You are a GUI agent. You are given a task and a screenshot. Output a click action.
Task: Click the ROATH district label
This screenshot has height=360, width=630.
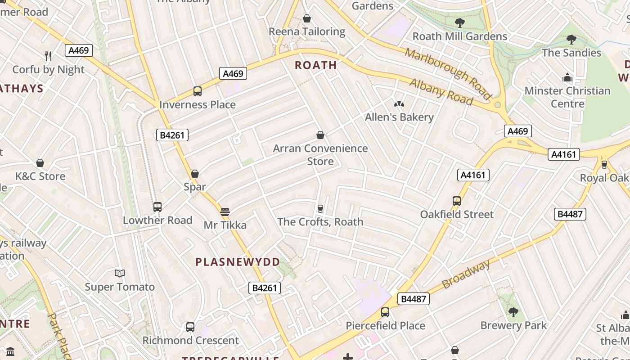point(315,65)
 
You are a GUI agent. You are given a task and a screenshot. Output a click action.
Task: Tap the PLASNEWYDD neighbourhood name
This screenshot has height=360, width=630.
point(238,262)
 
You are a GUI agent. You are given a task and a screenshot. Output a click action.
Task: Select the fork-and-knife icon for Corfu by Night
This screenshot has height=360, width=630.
point(48,56)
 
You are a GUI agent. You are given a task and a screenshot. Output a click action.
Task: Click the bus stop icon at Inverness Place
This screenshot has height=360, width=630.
point(197,91)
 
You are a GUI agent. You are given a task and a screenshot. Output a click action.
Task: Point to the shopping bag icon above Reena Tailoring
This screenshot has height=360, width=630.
point(307,18)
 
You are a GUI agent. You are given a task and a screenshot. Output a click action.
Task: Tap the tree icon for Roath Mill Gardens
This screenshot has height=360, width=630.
point(459,23)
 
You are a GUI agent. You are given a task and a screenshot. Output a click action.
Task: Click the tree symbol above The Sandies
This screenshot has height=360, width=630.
point(571,40)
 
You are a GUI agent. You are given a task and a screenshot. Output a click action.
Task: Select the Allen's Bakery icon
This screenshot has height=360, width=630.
point(399,104)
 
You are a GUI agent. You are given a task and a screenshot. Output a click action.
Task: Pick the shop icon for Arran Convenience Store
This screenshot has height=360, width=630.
point(320,135)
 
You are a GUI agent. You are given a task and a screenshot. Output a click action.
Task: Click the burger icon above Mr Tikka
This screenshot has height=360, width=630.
point(225,211)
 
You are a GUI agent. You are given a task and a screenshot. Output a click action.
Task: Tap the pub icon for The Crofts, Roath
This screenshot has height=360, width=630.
point(320,208)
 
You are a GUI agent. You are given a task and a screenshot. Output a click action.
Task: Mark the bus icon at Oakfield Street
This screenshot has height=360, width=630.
point(457,201)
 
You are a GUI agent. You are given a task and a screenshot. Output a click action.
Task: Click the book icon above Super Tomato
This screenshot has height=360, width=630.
point(119,274)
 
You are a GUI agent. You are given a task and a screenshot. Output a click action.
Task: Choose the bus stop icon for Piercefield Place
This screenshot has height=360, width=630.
point(385,312)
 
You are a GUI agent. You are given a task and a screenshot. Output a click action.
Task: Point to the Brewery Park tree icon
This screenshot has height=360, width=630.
point(513,312)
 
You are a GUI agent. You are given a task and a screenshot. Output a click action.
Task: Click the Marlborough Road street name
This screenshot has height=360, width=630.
point(447,73)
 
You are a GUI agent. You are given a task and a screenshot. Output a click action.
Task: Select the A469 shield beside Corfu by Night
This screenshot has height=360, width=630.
point(79,50)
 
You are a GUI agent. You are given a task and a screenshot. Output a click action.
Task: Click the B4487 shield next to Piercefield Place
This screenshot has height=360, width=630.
point(414,299)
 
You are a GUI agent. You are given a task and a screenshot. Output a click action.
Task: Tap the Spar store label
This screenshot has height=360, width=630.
point(195,187)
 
